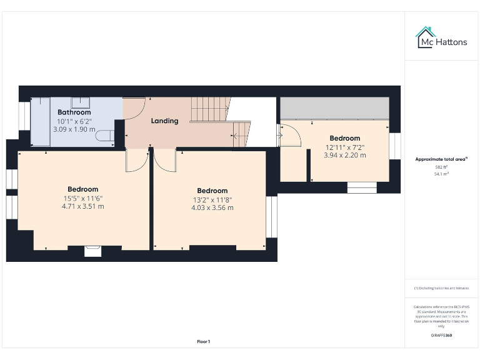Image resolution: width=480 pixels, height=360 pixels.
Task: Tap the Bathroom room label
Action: tap(74, 112)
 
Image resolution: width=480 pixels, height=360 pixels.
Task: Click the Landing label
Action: tap(164, 121)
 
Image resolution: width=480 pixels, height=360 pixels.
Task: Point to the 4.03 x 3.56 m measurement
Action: tap(212, 207)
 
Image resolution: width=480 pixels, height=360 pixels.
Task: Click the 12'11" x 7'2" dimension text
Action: tap(344, 147)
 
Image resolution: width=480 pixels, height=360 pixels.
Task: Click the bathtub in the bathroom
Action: tap(40, 121)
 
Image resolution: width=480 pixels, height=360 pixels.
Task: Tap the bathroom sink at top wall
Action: tap(80, 102)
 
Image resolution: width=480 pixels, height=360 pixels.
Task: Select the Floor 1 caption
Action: tap(204, 341)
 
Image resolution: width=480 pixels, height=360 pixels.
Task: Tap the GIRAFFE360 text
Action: tap(441, 336)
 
